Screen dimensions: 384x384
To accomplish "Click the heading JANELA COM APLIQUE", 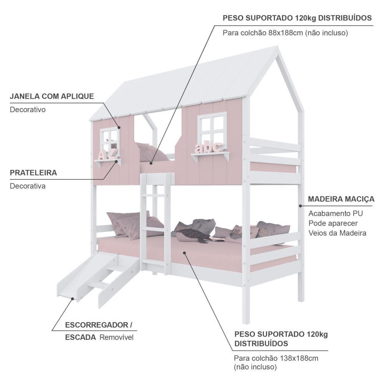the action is [52, 96].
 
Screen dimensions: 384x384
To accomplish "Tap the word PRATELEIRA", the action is [33, 173].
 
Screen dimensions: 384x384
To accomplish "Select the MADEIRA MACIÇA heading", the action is [341, 199].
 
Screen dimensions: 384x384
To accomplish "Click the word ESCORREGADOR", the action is [96, 325].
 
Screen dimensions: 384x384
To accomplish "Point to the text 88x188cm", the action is [286, 33].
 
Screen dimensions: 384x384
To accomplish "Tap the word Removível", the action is [116, 338].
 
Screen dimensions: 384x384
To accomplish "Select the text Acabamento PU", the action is [336, 214].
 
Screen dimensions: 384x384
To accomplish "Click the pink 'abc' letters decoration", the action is [209, 147].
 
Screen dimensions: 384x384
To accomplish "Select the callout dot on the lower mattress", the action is [185, 253].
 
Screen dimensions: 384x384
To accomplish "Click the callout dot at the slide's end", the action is [73, 298].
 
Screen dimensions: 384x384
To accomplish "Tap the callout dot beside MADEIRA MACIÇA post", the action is [300, 206].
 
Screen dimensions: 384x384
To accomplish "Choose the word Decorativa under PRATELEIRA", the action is [28, 186].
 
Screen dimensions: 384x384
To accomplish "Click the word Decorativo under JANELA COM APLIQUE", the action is [28, 109].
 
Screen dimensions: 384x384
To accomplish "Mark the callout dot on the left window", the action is [119, 127].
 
